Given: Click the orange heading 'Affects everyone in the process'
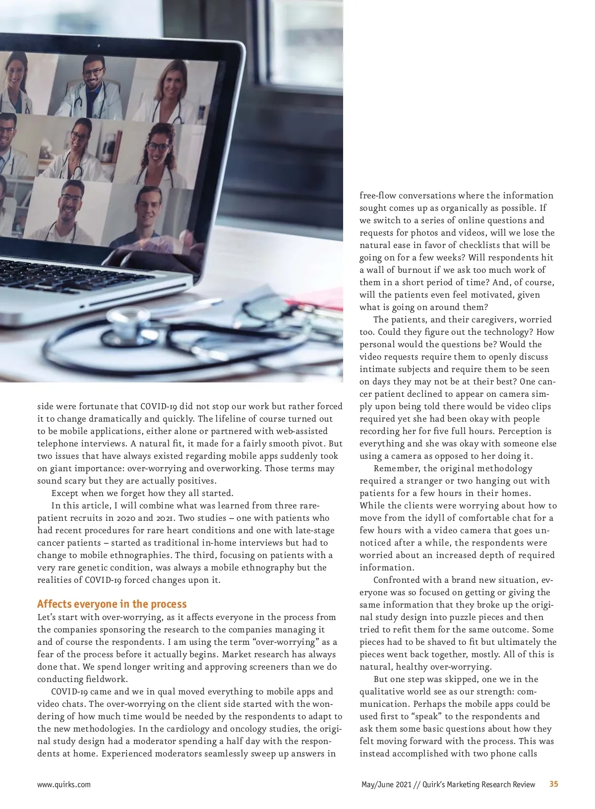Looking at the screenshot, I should coord(112,604).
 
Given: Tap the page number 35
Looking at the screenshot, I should coord(554,784).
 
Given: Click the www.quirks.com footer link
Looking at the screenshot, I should coord(64,785).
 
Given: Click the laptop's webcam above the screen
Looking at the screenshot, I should coord(99,45).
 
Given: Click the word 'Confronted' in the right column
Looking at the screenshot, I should coord(397,580).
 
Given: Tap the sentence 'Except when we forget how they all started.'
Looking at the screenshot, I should coord(142,493).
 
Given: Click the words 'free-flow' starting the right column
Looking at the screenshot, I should coord(378,195).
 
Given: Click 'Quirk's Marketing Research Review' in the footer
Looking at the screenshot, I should coord(478,785).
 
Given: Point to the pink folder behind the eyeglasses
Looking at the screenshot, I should coord(317,298).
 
